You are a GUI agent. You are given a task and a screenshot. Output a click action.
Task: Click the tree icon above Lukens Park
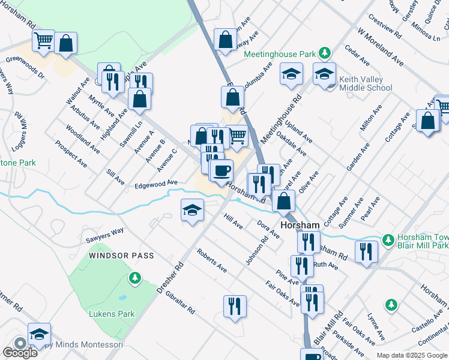pos(136,277)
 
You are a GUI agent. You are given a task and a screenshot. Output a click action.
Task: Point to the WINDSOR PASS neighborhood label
pos(122,256)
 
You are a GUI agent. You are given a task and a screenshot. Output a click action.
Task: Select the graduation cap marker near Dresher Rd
pos(192,210)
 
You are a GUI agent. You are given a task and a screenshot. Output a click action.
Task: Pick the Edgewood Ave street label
pos(156,182)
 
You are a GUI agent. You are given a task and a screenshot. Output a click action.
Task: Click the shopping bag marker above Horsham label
pos(283,200)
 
